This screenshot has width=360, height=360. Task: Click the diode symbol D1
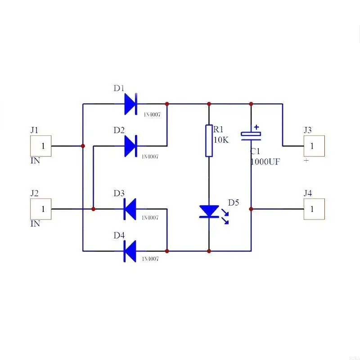130,104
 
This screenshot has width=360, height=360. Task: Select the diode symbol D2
130,146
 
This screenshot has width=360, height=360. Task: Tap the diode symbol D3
130,209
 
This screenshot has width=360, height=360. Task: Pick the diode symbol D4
130,251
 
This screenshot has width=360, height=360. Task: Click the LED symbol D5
209,211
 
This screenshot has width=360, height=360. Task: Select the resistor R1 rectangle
209,141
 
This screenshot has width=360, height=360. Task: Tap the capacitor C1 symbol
251,134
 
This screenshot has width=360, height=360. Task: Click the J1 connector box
41,146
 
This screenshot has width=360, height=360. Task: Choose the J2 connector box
41,209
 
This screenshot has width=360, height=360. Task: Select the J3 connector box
314,146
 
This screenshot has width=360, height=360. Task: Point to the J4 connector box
314,209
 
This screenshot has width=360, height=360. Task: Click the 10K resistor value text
221,140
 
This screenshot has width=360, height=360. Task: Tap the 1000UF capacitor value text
265,162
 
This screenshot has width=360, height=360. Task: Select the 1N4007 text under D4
150,259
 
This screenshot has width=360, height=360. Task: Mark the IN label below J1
35,161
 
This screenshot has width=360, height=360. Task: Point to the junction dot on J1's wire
83,146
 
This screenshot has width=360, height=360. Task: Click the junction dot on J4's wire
251,209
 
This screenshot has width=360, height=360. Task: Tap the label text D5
234,202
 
